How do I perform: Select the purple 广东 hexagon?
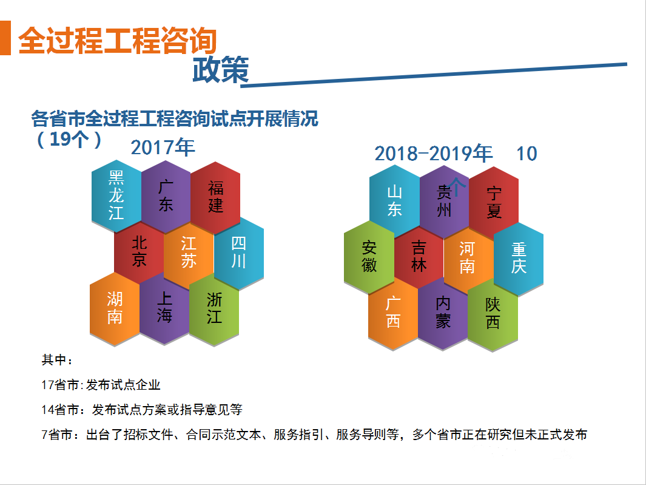coord(166,197)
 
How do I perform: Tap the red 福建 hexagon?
coord(215,197)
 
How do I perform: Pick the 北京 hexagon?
coord(139,251)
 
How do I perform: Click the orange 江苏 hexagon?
coord(189,253)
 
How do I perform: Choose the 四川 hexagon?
coord(239,253)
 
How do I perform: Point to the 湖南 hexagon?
coord(115,309)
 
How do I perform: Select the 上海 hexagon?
coord(164,308)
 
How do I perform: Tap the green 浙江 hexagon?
coord(214,310)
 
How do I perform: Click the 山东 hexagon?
coord(395,201)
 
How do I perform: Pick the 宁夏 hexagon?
coord(494,203)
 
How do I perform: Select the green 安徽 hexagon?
coord(369,257)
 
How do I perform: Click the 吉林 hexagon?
coord(419,257)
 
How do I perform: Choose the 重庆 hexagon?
coord(519,259)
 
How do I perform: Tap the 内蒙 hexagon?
coord(443,313)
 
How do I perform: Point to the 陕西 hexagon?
coord(493,314)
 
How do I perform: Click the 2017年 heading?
coord(163,148)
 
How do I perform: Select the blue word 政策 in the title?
coord(221,69)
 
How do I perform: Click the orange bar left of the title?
coord(5,38)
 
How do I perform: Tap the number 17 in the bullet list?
coord(48,385)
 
